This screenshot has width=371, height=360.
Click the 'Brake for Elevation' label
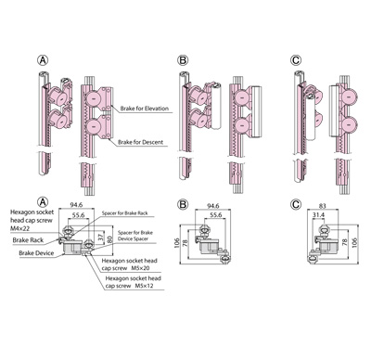[145, 109]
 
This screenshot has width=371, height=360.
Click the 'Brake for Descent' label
[140, 143]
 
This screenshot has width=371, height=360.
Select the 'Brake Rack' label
[28, 240]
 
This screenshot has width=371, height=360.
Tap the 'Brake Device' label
[36, 253]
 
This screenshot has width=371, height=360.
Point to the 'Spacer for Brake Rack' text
[125, 213]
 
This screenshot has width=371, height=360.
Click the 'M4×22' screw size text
[19, 228]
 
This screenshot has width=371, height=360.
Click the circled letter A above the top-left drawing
[43, 60]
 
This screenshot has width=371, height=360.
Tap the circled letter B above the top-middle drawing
[183, 60]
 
